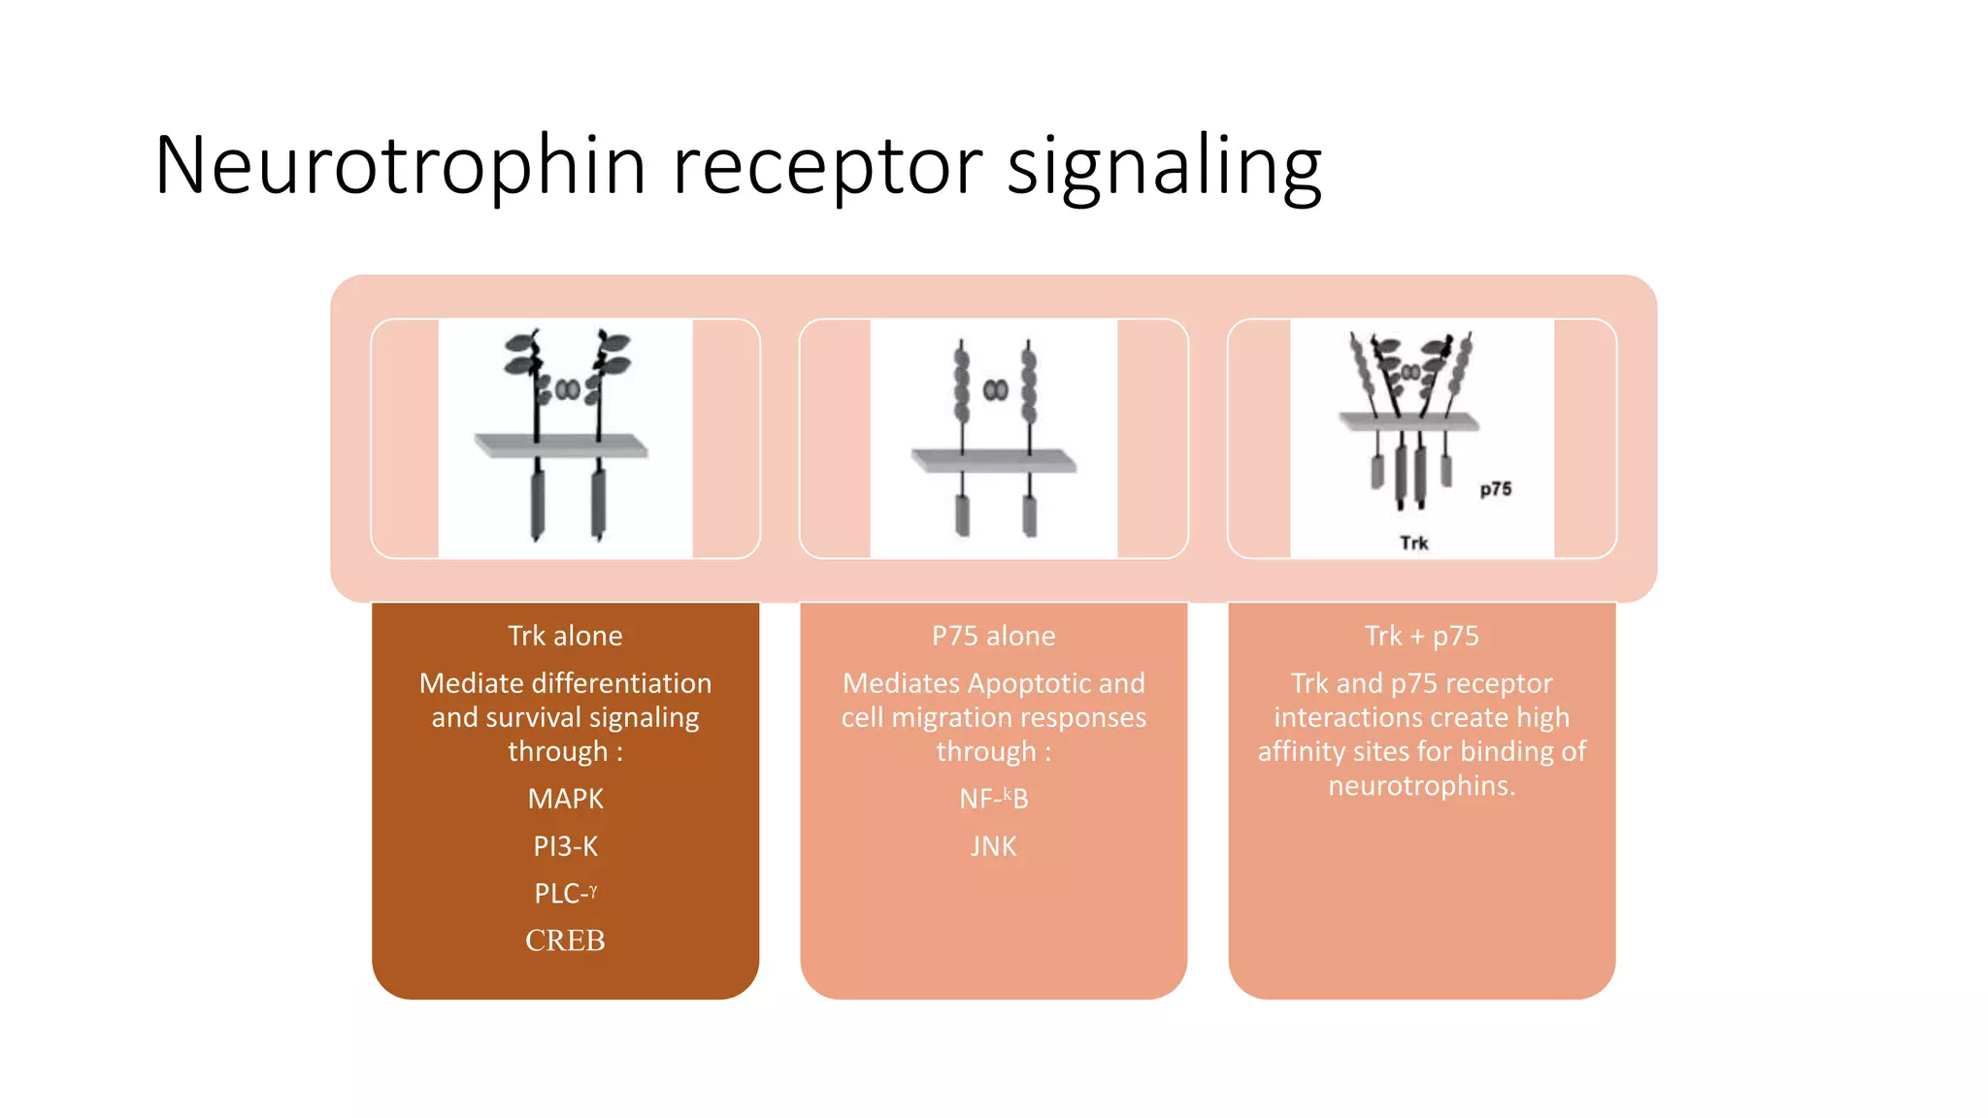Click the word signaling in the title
(1164, 167)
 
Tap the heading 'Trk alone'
(565, 636)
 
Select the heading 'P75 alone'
(993, 636)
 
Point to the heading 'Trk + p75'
(1421, 636)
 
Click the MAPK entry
(565, 799)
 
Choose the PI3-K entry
(565, 846)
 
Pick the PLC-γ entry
(565, 893)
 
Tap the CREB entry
(565, 940)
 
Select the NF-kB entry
(993, 799)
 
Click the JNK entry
(993, 846)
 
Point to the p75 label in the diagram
(1495, 489)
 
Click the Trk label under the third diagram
(1413, 543)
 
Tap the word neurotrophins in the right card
(1421, 785)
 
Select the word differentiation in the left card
(621, 683)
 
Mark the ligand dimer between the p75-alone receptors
(995, 390)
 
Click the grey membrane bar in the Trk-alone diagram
(561, 445)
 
